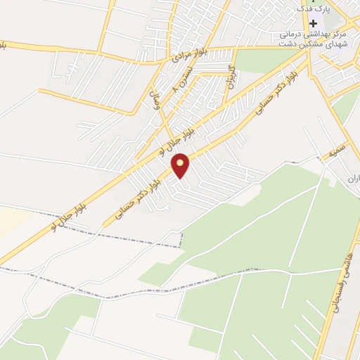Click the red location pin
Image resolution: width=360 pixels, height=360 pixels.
pos(181,166)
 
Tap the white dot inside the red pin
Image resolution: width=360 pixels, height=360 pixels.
pos(181,163)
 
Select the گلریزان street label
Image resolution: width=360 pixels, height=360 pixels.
pos(230,75)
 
